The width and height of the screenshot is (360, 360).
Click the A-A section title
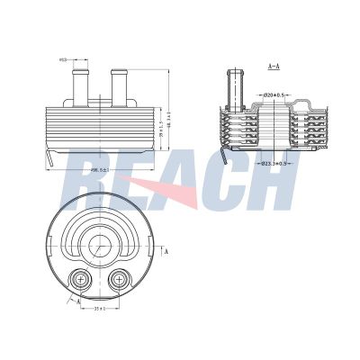pyautogui.click(x=274, y=67)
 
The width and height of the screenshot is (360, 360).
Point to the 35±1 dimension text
pyautogui.click(x=101, y=309)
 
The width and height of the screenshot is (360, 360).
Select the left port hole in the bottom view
pyautogui.click(x=82, y=281)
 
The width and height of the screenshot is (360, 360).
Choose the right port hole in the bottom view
pyautogui.click(x=118, y=281)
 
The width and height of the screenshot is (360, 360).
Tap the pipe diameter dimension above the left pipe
pyautogui.click(x=63, y=61)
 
